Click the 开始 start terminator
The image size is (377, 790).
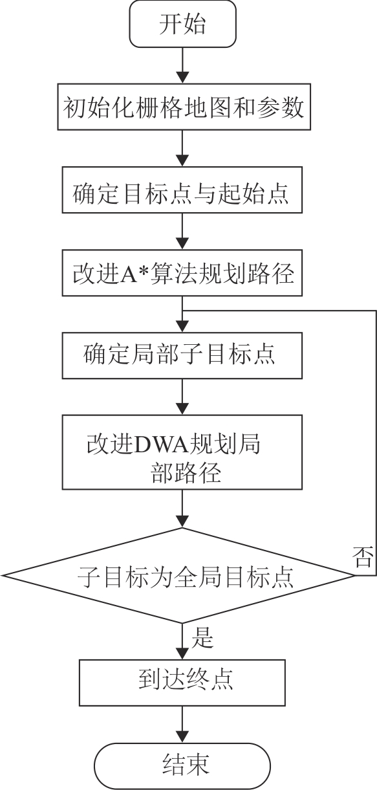182,24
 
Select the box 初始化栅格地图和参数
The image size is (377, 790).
184,107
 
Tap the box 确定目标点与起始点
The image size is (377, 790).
182,190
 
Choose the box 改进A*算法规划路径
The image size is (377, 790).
182,273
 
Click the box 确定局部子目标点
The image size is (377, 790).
182,356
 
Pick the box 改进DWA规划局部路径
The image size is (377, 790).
182,452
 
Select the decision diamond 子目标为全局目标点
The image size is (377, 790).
178,576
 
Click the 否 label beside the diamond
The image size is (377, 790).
363,557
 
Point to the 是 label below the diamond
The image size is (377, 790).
202,638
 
